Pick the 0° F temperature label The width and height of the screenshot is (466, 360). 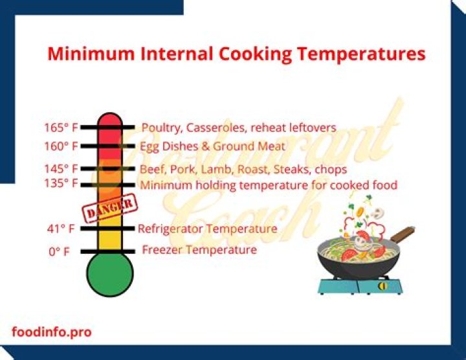click(59, 251)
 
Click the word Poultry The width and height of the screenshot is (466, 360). click(161, 128)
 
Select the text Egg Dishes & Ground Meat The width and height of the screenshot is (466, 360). click(212, 147)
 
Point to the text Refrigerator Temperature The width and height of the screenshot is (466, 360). click(207, 229)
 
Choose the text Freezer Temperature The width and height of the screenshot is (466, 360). click(199, 250)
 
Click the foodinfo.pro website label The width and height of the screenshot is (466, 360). click(52, 332)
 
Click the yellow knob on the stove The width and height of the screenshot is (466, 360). click(383, 285)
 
